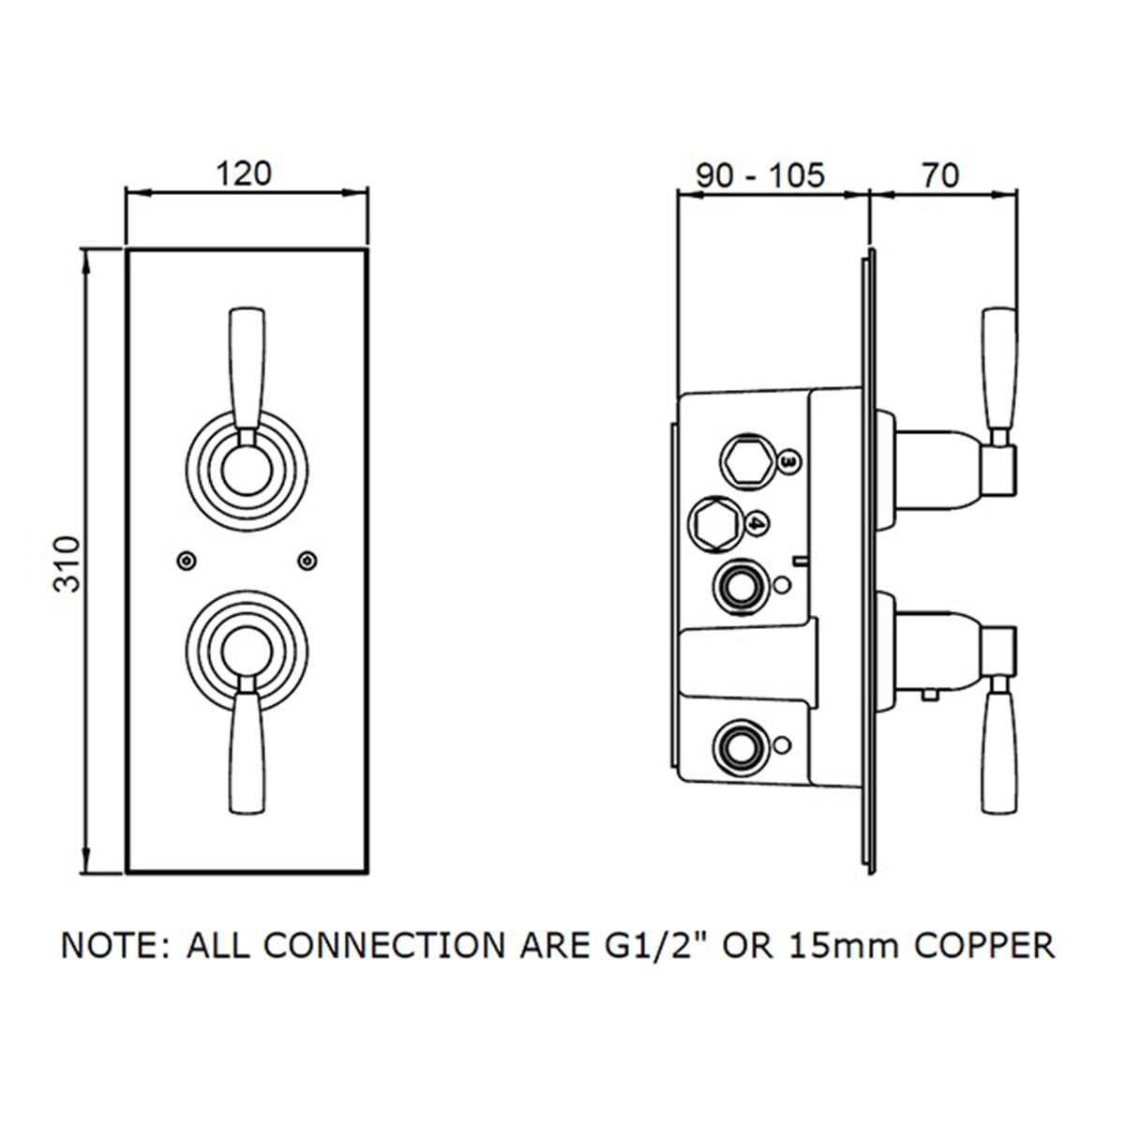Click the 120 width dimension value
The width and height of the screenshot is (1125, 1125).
246,174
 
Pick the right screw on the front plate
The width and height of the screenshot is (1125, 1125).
306,560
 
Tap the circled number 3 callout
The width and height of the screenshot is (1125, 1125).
789,461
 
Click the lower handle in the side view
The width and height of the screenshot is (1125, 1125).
997,751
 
